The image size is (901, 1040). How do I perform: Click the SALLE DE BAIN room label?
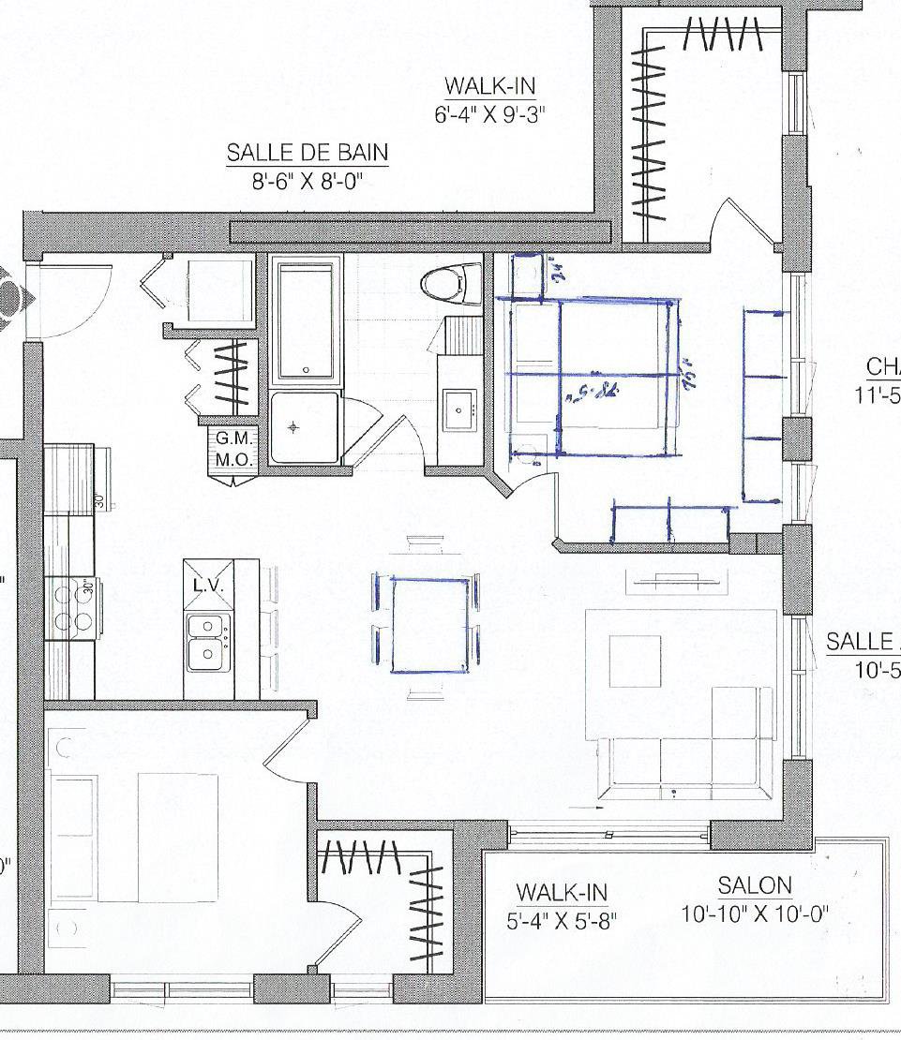point(307,153)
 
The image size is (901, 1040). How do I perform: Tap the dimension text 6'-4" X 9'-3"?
point(489,116)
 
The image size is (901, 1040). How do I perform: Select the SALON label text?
point(755,884)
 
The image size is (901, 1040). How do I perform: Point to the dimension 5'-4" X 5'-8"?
point(562,920)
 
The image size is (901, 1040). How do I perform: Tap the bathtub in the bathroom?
point(305,321)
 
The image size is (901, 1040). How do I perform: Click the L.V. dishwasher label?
point(206,586)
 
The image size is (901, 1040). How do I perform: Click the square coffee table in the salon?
point(635,661)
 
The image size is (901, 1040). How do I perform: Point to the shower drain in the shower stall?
point(293,427)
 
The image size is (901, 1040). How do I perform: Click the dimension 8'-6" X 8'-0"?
point(307,182)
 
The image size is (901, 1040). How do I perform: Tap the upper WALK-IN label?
point(489,86)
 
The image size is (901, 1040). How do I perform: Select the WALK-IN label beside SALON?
point(562,891)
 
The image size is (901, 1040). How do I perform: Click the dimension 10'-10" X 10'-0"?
point(755,914)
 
